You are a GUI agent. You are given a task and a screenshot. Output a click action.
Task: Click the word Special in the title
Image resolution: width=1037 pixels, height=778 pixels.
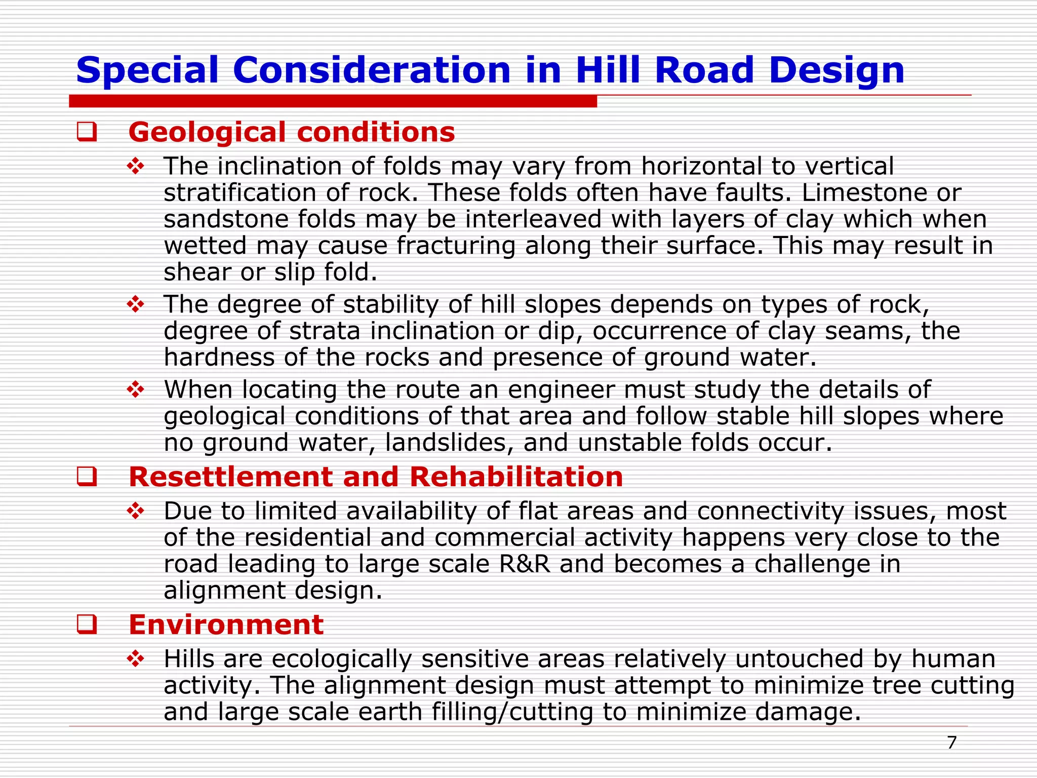tap(147, 71)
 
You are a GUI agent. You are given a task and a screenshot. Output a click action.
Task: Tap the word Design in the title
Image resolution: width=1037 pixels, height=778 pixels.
tap(836, 71)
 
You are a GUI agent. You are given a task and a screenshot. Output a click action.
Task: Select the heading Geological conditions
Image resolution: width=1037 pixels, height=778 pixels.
tap(292, 133)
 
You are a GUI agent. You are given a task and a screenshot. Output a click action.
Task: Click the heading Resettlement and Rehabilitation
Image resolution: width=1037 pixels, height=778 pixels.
tap(376, 477)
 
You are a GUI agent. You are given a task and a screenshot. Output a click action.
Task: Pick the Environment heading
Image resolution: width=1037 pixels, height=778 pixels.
tap(226, 625)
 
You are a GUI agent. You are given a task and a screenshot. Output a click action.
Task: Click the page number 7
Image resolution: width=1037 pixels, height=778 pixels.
tap(951, 743)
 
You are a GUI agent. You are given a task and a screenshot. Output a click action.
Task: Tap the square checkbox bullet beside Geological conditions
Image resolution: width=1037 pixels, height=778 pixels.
tap(87, 132)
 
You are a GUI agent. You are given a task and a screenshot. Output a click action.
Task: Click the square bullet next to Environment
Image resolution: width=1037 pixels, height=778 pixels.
tap(87, 625)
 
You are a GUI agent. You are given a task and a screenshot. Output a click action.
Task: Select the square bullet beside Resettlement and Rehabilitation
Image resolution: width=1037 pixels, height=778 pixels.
tap(87, 477)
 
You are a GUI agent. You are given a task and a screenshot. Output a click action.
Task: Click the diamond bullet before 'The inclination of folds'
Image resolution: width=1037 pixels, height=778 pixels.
tap(136, 167)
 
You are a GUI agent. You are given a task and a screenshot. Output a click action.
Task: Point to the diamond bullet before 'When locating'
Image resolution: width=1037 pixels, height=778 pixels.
tap(136, 390)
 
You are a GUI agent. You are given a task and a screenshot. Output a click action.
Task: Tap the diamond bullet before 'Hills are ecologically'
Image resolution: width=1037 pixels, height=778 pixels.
tap(136, 659)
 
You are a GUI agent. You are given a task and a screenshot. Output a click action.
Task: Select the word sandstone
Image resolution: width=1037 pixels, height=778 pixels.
tap(226, 219)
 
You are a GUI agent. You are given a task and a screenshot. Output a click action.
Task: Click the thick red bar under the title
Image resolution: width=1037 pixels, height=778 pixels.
tap(333, 101)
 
